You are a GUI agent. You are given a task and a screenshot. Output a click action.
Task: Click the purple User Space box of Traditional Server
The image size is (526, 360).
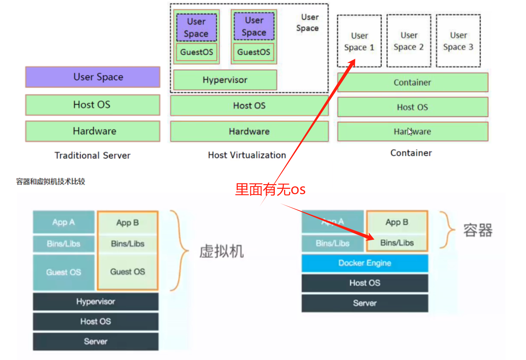point(92,77)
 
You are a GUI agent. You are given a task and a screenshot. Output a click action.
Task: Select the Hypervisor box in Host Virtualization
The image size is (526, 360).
point(225,80)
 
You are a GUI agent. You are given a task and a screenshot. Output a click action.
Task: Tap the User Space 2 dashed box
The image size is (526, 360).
point(408,41)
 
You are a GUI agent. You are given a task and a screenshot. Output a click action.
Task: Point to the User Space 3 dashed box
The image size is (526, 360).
point(458,41)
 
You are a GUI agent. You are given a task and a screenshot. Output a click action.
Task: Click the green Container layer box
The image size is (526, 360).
point(412,82)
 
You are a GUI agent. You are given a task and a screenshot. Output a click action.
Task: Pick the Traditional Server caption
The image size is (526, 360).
point(92,155)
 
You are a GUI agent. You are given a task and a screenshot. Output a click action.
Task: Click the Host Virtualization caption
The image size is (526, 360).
point(247,155)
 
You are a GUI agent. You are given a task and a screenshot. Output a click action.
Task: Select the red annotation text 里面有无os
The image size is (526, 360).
point(270,189)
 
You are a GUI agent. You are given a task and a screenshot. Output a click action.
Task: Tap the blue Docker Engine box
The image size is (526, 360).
point(365,263)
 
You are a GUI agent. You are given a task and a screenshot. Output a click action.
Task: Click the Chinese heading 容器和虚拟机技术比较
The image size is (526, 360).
point(51,181)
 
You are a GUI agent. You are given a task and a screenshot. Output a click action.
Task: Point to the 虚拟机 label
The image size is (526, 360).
point(222,251)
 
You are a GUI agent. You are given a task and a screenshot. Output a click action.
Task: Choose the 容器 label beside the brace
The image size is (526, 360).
point(477,230)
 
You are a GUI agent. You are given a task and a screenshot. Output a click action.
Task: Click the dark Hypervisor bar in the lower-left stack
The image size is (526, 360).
point(95,302)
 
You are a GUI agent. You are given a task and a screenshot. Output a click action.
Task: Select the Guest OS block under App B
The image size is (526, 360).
point(127,272)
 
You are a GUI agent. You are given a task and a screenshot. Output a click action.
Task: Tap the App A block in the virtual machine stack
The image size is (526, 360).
point(63,222)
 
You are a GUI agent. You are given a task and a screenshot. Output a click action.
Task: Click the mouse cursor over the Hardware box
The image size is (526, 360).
point(410,131)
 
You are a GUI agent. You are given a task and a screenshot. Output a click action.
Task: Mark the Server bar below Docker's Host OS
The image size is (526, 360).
point(365,303)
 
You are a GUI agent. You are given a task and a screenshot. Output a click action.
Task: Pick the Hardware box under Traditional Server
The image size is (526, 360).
point(92,131)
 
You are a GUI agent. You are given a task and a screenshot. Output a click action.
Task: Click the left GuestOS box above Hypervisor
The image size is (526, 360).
point(196,52)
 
